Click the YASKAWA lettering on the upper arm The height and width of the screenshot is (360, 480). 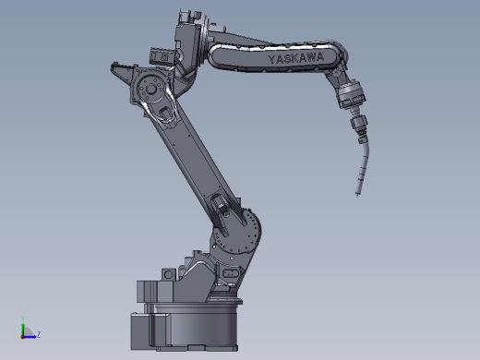pos(296,58)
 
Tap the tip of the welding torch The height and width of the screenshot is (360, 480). pos(357,195)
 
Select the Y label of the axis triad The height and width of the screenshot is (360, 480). pos(23,318)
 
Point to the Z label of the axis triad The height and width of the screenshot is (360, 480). pos(39,334)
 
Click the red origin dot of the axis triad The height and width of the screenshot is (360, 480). pos(22,337)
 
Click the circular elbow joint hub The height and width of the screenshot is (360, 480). pos(150,89)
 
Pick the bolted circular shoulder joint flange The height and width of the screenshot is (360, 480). pos(236,230)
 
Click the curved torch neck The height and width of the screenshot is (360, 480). pos(363,168)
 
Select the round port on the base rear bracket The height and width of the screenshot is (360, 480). pos(168,274)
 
